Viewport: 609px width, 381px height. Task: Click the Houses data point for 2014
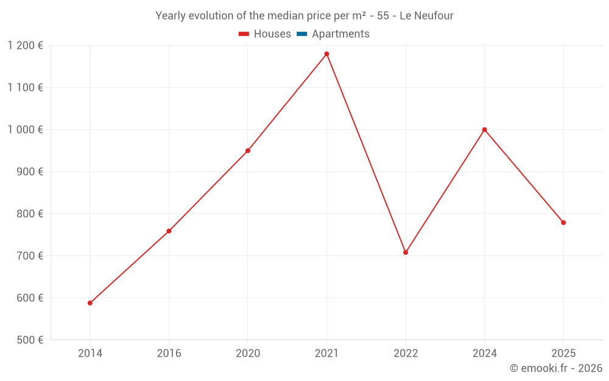(x=90, y=303)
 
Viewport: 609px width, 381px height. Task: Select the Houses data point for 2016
(x=169, y=231)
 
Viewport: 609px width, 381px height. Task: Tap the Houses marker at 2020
(x=248, y=151)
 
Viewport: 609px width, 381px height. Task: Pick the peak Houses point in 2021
(x=326, y=54)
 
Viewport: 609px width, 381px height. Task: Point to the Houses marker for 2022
(x=406, y=252)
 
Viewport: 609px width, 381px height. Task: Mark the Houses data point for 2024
(x=485, y=130)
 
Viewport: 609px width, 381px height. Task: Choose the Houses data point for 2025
(x=563, y=223)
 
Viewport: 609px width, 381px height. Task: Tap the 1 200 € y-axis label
(x=26, y=45)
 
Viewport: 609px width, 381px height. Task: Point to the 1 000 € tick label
(x=26, y=129)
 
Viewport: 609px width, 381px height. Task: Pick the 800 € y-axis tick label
(x=29, y=213)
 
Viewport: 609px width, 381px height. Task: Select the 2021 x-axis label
(x=326, y=353)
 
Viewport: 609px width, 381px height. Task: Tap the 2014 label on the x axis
(x=90, y=353)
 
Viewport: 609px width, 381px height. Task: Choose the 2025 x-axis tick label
(x=563, y=353)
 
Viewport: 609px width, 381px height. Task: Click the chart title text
(x=304, y=16)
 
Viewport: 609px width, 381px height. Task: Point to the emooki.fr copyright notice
(x=556, y=368)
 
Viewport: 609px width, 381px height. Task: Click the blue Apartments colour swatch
(x=301, y=34)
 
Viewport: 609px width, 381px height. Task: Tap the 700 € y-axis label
(x=29, y=255)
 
